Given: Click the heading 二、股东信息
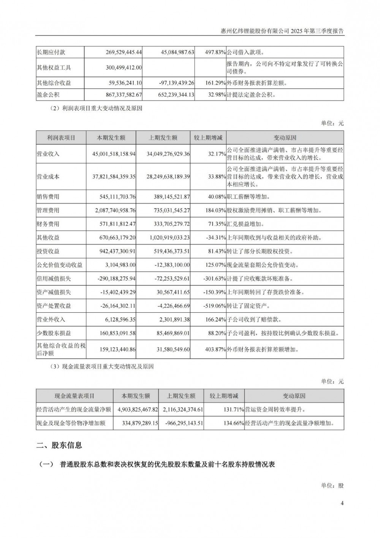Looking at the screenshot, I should (x=59, y=445).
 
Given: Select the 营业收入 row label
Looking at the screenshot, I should (x=48, y=154).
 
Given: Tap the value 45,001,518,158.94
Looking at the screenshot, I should (x=114, y=154).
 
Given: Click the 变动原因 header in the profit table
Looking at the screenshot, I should (x=285, y=138).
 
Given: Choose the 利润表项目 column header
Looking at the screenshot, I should (x=61, y=138).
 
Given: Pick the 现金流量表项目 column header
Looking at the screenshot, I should (x=74, y=396).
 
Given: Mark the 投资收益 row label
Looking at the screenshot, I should (x=48, y=251).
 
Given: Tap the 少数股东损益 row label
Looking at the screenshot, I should (x=54, y=333).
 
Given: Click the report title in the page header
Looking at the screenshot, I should (x=282, y=31).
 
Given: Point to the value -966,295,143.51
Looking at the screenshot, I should (x=180, y=423).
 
